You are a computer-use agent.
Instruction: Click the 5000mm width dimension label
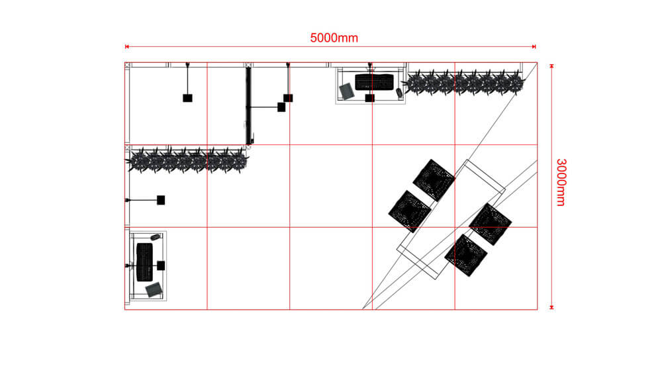(334, 38)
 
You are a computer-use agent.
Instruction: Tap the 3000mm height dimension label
(560, 182)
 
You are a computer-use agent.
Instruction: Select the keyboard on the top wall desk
(374, 82)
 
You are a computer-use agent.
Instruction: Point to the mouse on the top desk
(400, 93)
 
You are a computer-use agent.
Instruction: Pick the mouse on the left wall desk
(156, 236)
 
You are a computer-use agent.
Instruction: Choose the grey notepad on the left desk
(154, 289)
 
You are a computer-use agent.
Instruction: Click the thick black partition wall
(249, 106)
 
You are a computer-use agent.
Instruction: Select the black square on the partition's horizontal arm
(281, 107)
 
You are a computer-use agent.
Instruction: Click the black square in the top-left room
(187, 98)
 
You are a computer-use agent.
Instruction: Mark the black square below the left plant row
(161, 200)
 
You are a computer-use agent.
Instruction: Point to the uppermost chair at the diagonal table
(433, 179)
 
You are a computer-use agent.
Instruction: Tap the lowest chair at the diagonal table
(466, 255)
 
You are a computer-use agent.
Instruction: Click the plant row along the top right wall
(463, 83)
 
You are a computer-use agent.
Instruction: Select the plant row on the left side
(188, 160)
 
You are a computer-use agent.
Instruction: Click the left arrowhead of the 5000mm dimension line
(126, 47)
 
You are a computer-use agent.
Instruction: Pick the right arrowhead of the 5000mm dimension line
(534, 47)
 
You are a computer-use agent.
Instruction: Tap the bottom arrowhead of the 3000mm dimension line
(551, 307)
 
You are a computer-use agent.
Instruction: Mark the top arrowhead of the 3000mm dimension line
(551, 65)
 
